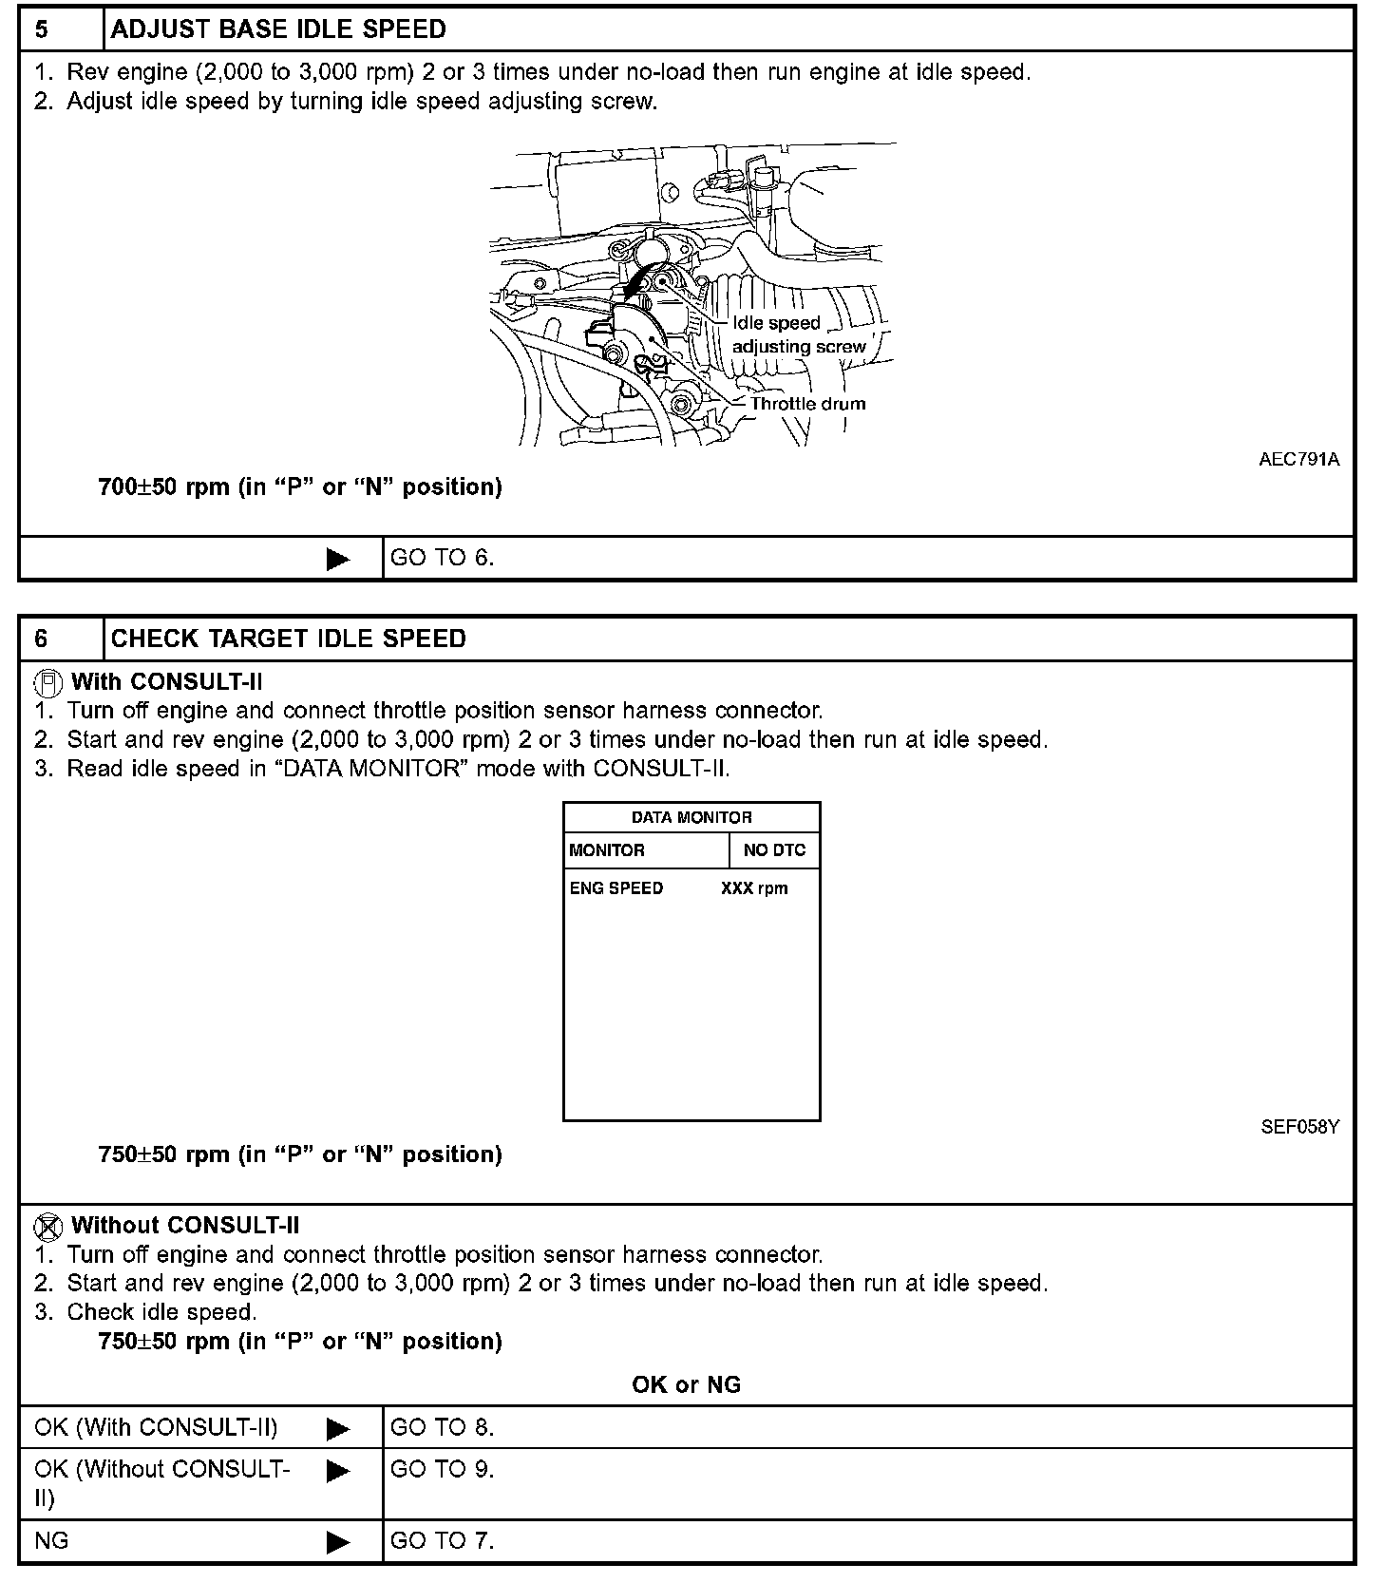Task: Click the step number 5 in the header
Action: click(x=42, y=29)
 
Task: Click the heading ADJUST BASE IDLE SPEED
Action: click(x=278, y=29)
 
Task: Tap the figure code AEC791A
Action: click(x=1298, y=460)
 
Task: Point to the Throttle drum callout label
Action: click(x=807, y=404)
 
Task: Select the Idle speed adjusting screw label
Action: click(x=798, y=335)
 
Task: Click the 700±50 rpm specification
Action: click(x=300, y=487)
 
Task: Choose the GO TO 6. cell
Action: click(x=443, y=558)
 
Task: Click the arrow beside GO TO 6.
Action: click(x=337, y=559)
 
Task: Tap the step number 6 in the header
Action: click(x=42, y=639)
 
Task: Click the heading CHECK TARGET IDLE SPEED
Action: click(x=289, y=639)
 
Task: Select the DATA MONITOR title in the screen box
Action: click(x=691, y=817)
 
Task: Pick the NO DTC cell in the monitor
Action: click(x=774, y=850)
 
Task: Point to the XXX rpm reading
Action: click(x=754, y=888)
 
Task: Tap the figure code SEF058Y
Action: click(x=1299, y=1127)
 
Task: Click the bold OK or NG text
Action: click(x=686, y=1384)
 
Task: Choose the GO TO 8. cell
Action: click(x=443, y=1427)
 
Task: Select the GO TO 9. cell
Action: click(x=443, y=1469)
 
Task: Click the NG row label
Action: click(x=51, y=1540)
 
